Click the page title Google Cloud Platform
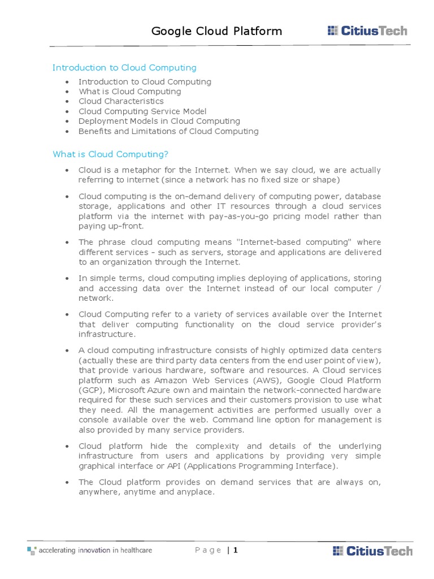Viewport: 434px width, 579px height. [216, 31]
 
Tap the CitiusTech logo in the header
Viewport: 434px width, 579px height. [367, 31]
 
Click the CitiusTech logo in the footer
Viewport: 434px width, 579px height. [372, 550]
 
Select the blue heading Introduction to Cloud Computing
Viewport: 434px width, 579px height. [124, 68]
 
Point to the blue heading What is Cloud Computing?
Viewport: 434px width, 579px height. [110, 154]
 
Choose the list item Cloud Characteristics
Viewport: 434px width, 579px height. [121, 101]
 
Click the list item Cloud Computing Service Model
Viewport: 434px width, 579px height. [142, 111]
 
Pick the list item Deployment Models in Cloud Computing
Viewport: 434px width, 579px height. [159, 121]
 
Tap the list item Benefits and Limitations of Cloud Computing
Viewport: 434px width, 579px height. [168, 131]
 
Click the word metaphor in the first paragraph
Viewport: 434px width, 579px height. [134, 170]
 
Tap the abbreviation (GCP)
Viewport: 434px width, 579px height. [90, 390]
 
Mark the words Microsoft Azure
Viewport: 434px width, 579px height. [133, 390]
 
